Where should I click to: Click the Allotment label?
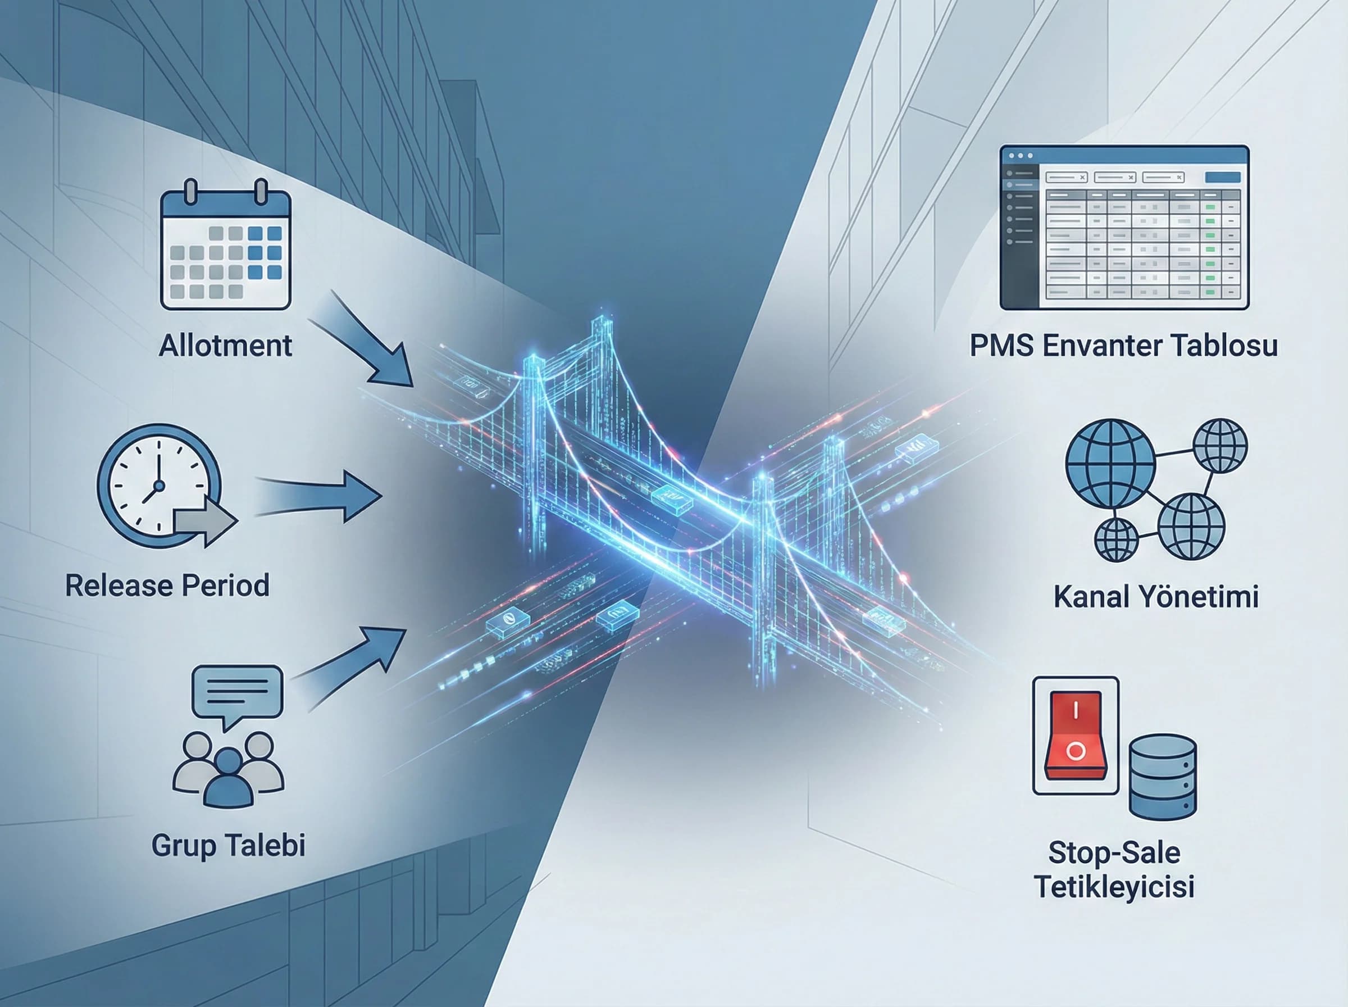[225, 346]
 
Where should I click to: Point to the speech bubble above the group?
[238, 695]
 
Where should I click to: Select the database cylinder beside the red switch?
[1163, 777]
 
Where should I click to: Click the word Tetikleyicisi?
[1114, 886]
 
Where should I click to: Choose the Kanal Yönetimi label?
[1156, 596]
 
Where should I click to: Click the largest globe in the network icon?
[1110, 464]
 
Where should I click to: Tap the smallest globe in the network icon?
[1117, 539]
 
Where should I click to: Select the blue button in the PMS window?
[1223, 178]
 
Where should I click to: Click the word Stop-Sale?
[1114, 852]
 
